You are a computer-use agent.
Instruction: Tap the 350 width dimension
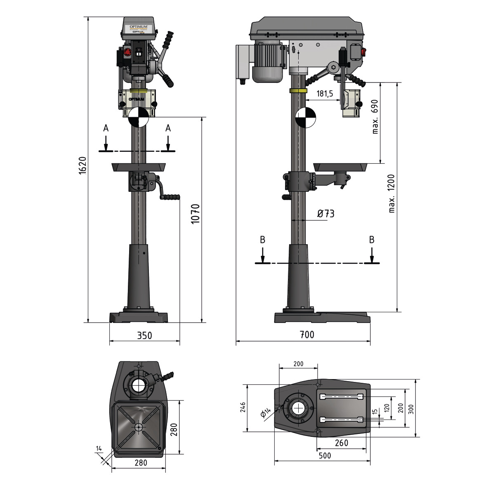144,335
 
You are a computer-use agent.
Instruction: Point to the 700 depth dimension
306,335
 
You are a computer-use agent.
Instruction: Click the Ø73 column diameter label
325,214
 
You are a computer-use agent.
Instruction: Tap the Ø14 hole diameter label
266,412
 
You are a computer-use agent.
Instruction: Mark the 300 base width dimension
410,408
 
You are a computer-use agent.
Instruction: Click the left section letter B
262,240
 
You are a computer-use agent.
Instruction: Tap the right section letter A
168,128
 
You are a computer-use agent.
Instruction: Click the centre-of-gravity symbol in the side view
305,117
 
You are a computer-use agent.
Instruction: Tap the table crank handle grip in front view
170,197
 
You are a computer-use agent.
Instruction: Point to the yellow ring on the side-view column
299,91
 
